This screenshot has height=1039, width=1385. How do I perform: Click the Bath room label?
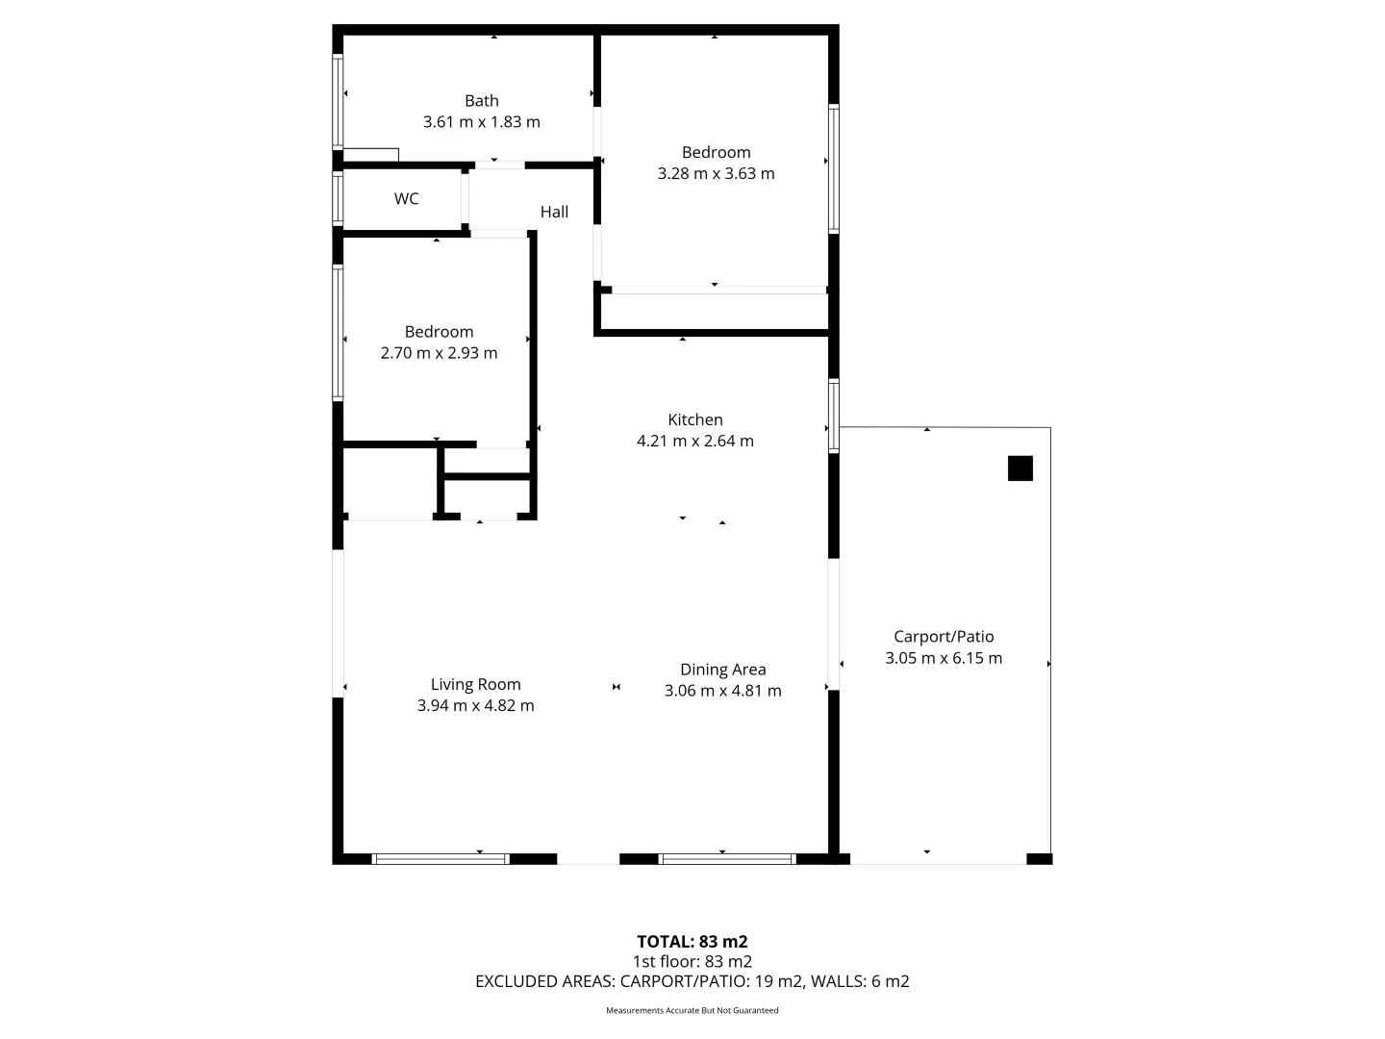tap(481, 101)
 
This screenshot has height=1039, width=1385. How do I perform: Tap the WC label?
tap(406, 199)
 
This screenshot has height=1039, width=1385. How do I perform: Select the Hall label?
tap(554, 213)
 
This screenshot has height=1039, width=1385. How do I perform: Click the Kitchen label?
tap(694, 420)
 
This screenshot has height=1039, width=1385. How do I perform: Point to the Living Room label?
tap(475, 685)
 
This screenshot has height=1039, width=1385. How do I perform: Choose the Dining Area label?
tap(722, 671)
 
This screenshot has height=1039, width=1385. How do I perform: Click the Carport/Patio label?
tap(944, 637)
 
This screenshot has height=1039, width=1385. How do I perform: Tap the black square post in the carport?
tap(1020, 469)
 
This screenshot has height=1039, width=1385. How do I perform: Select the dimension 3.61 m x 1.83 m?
tap(481, 122)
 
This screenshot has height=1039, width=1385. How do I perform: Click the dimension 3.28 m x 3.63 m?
tap(716, 174)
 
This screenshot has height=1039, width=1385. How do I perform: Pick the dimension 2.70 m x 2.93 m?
tap(439, 353)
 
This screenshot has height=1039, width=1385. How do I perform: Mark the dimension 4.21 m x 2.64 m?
tap(694, 442)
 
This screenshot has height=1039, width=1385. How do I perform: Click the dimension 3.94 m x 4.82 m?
tap(475, 706)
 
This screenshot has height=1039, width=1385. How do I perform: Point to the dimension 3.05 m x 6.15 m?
tap(944, 659)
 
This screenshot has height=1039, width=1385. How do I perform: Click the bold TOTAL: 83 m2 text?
tap(692, 942)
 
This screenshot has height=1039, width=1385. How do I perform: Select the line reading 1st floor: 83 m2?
tap(692, 962)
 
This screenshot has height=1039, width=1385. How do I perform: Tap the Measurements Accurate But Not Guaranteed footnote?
tap(692, 1011)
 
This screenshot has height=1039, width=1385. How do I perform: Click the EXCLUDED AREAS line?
tap(692, 982)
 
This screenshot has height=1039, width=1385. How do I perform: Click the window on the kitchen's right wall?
tap(834, 416)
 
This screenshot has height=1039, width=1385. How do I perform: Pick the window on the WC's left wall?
tap(338, 199)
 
